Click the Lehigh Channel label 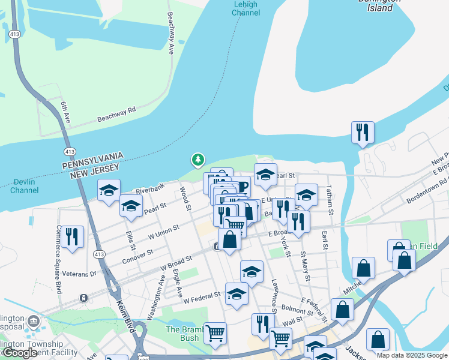[x=245, y=8]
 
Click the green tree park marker [x=197, y=160]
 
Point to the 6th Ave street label [x=65, y=112]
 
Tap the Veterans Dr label [x=79, y=274]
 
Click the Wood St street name [x=185, y=199]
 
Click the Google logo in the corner [x=20, y=353]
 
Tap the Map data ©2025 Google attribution [x=412, y=356]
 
